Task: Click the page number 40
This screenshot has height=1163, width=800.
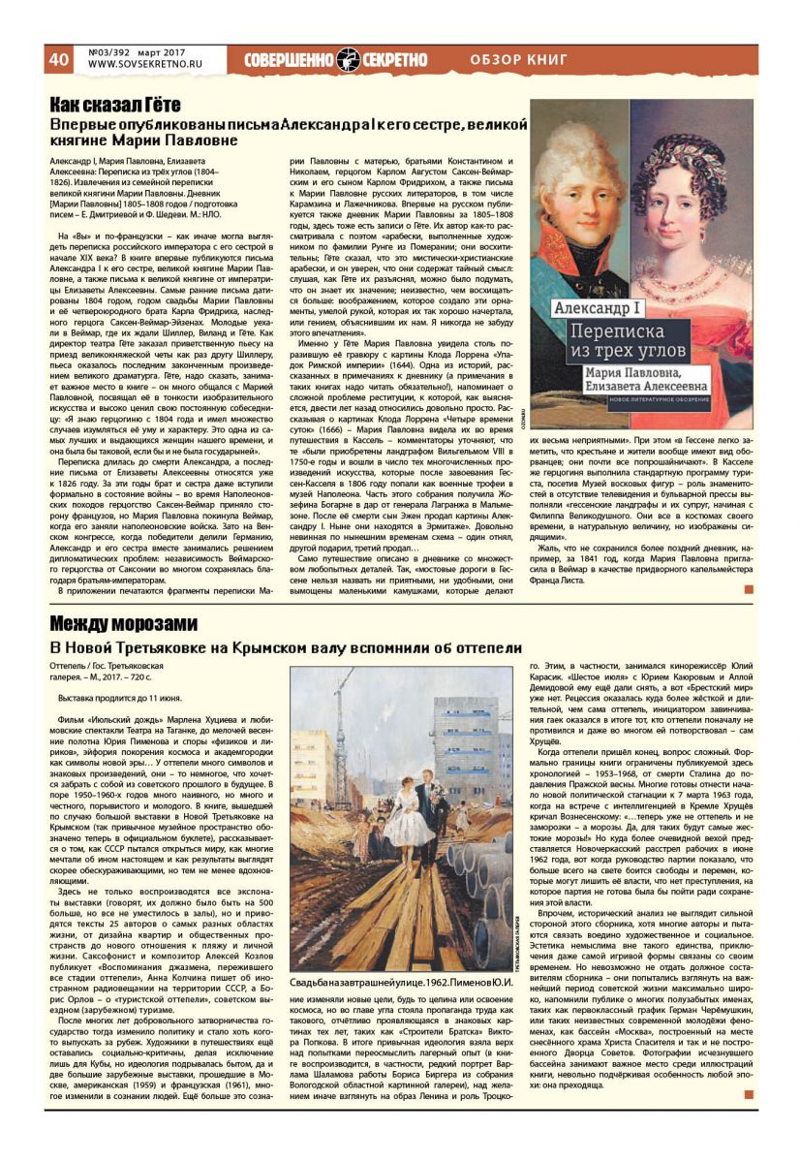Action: (x=58, y=58)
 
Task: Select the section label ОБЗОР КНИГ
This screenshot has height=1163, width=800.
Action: (x=518, y=59)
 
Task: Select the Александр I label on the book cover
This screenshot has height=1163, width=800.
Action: (x=591, y=309)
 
